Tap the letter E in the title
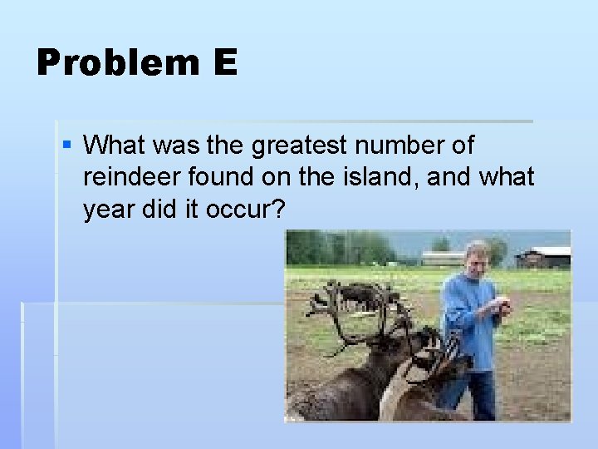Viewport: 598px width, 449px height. tap(224, 63)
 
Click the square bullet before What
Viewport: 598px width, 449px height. tap(67, 146)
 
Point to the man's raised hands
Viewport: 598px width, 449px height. tap(498, 307)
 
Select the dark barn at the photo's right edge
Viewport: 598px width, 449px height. tap(544, 257)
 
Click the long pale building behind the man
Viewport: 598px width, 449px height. tap(444, 258)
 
